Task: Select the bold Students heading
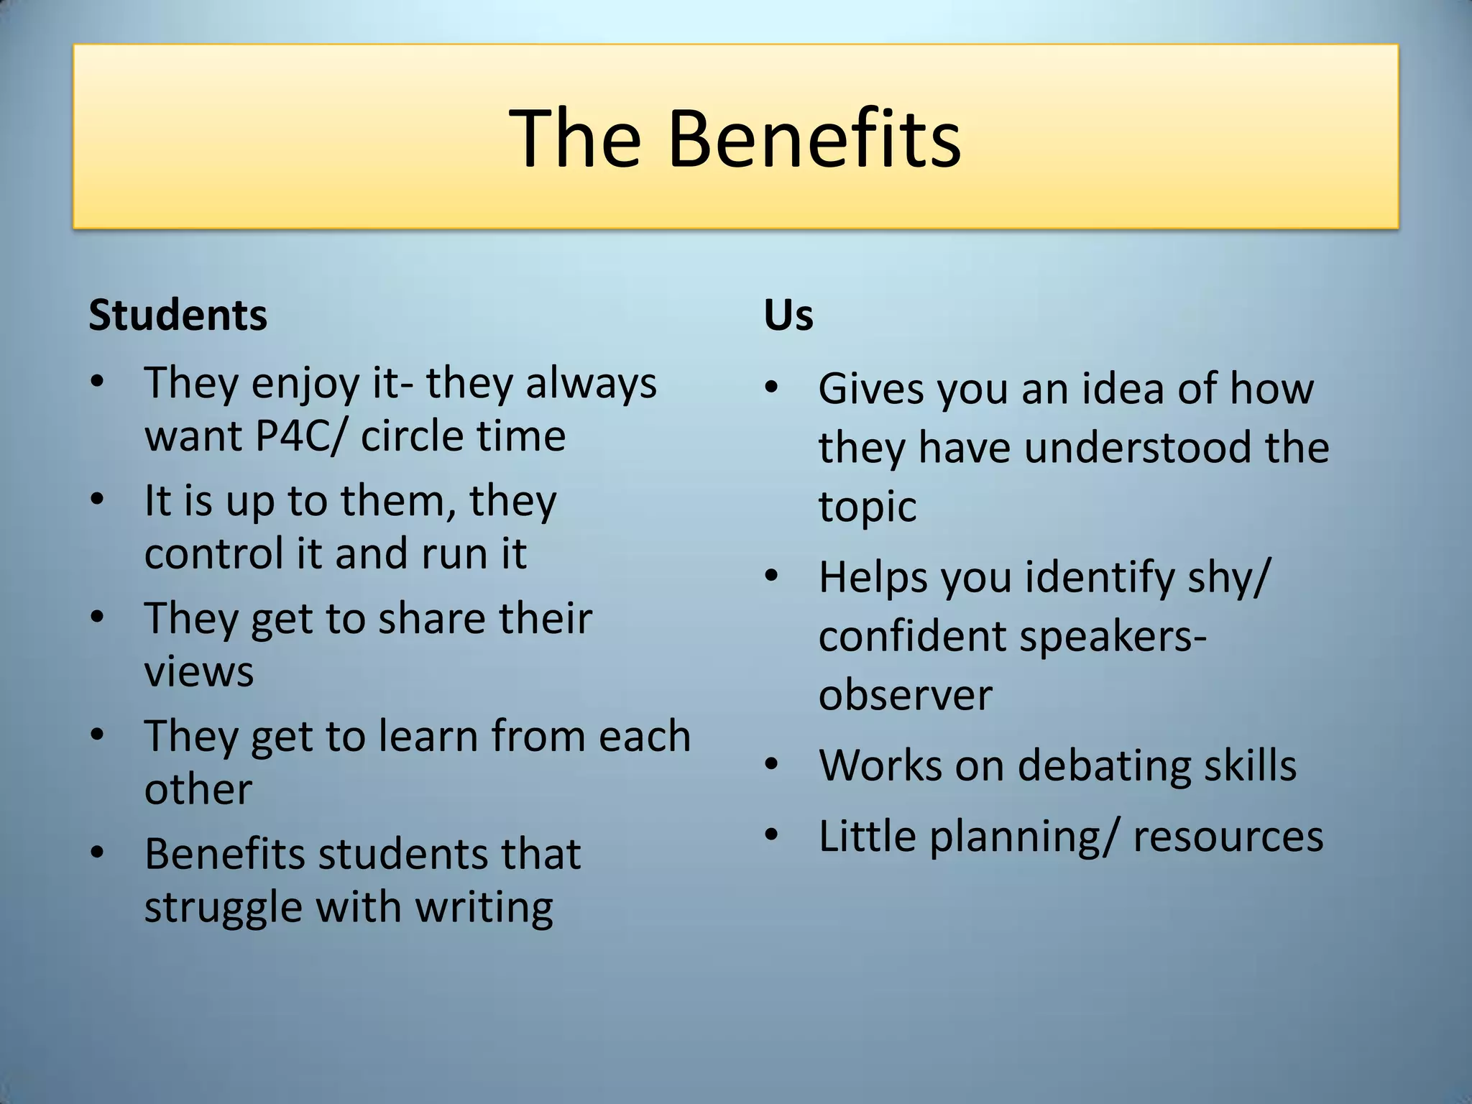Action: [x=178, y=315]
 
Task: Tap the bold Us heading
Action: [x=788, y=315]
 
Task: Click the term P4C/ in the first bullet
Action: [x=300, y=436]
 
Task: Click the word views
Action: [x=199, y=671]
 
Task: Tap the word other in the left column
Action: [x=198, y=789]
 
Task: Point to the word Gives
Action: [x=871, y=389]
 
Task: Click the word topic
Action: [x=867, y=507]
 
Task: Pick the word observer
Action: [x=905, y=695]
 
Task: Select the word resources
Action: [x=1228, y=837]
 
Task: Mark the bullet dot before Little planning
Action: [x=772, y=835]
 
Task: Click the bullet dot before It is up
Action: [x=98, y=499]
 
